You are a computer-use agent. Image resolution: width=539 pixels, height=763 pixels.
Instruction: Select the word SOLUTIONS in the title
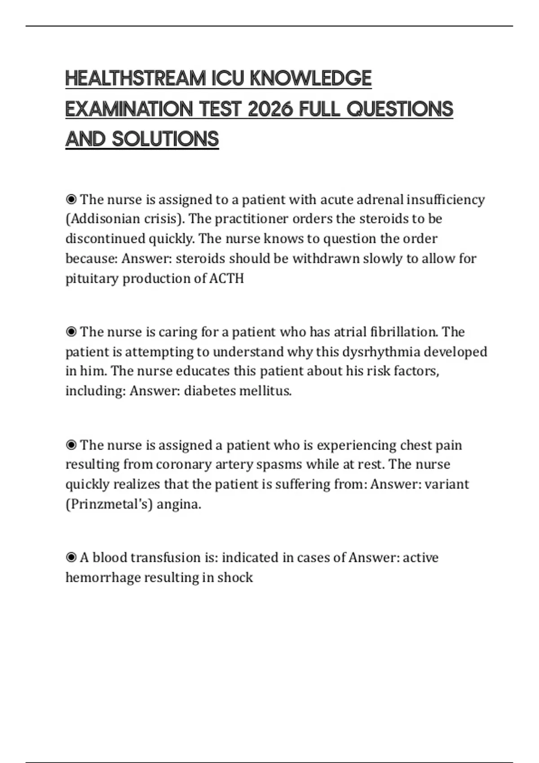pos(165,139)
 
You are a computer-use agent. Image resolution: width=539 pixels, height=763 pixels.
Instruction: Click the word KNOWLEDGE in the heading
pos(310,79)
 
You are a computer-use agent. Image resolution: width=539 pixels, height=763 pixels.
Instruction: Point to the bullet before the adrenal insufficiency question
pos(71,199)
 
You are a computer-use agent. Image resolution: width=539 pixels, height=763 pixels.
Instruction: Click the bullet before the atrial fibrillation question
pos(71,332)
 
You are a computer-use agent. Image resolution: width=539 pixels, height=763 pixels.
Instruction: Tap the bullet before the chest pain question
pos(71,445)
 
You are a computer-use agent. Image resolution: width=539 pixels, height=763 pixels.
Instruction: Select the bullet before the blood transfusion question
pos(71,557)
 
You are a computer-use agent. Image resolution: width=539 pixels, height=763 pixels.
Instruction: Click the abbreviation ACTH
pos(226,278)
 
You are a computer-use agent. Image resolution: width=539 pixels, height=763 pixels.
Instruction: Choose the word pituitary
pos(92,279)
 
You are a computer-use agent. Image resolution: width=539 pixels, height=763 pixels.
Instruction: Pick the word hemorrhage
pos(102,577)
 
